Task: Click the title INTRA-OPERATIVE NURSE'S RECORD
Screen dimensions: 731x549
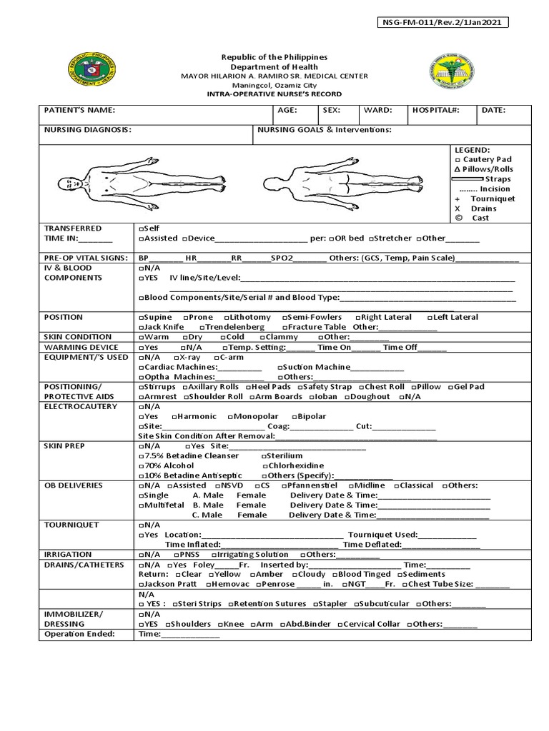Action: click(x=274, y=94)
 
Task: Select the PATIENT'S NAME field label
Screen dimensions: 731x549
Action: click(x=79, y=111)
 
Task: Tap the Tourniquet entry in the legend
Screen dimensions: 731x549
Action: click(x=493, y=199)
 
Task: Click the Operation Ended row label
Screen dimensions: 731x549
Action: click(x=79, y=634)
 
